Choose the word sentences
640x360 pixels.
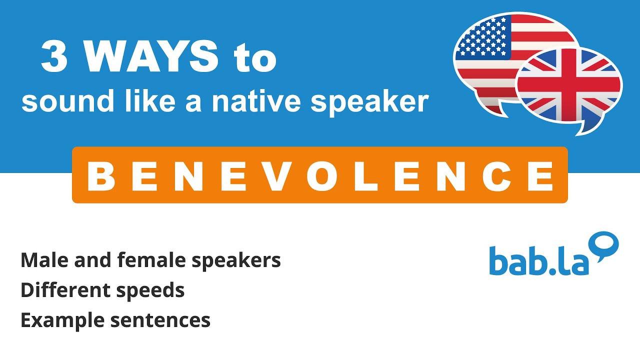(x=160, y=320)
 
